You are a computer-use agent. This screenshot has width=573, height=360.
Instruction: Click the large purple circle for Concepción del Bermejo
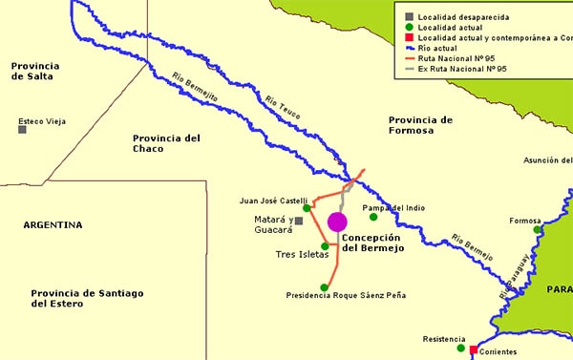[337, 222]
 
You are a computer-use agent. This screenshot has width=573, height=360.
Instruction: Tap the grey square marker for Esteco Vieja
[22, 129]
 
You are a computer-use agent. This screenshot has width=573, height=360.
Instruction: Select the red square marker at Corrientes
[473, 350]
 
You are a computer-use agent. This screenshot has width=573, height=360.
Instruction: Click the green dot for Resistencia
[461, 349]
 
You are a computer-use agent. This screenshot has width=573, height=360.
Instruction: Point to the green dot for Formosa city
[538, 229]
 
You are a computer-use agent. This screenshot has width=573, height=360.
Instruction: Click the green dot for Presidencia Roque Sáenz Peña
[325, 286]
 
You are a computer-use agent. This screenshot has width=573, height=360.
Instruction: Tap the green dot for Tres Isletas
[325, 246]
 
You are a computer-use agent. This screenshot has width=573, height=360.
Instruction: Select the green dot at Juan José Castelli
[307, 207]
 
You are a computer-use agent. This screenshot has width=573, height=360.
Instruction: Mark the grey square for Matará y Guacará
[299, 221]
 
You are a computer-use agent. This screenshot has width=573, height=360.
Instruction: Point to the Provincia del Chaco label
[166, 143]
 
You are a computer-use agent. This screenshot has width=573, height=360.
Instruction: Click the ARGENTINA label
[53, 225]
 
